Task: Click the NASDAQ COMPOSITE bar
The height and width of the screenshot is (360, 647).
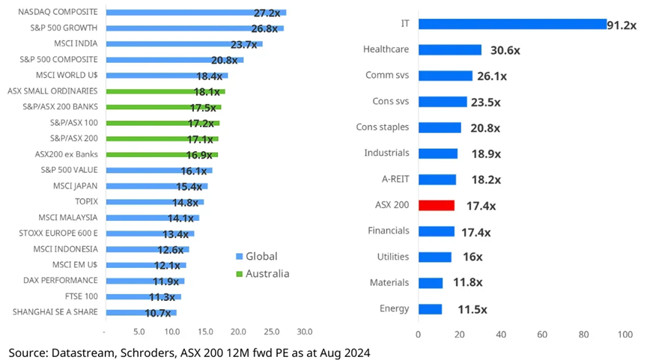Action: [x=195, y=13]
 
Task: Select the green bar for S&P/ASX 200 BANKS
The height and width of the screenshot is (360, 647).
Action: [x=163, y=107]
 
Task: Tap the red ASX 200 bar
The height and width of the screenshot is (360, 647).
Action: [x=436, y=205]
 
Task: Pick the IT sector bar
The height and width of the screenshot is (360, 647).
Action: [x=511, y=24]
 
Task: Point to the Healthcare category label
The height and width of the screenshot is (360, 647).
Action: [x=386, y=49]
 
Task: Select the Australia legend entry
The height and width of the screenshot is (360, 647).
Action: [x=261, y=273]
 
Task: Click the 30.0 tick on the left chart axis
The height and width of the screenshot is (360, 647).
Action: [x=304, y=331]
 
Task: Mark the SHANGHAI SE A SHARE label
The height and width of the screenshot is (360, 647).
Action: [x=55, y=312]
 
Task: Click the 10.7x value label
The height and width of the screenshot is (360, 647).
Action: [x=158, y=313]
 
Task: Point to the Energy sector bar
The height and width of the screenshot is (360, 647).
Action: [x=430, y=309]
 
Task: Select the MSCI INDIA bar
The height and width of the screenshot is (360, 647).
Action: [x=183, y=44]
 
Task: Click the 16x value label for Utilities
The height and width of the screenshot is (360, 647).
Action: [x=472, y=257]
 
